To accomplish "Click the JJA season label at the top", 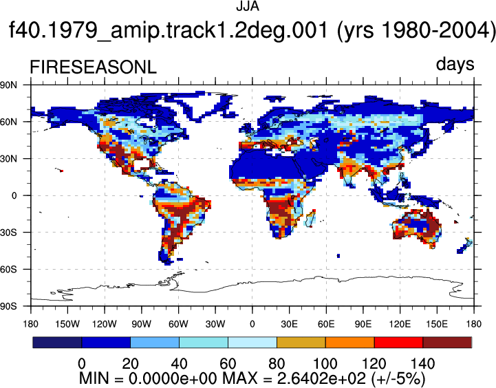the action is click(x=248, y=6).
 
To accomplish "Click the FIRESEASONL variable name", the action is click(x=93, y=67).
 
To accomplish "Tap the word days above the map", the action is click(x=455, y=65).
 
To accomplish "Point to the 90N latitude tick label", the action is click(x=8, y=85).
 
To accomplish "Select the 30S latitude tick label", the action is click(x=8, y=233).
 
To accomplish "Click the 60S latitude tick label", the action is click(x=8, y=270).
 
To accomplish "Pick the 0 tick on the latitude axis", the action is click(x=14, y=196).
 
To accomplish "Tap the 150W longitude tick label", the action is click(x=67, y=324).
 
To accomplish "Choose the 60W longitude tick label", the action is click(x=178, y=324).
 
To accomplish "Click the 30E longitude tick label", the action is click(x=290, y=324).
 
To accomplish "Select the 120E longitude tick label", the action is click(x=400, y=324).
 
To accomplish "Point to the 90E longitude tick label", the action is click(x=363, y=324).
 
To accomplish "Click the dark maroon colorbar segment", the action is click(x=447, y=343).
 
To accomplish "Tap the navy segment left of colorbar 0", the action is click(x=57, y=343).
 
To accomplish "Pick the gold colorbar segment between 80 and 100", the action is click(x=301, y=343).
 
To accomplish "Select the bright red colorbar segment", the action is click(x=398, y=343).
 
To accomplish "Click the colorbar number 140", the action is click(x=422, y=364).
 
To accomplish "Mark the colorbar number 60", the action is click(x=228, y=364).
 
